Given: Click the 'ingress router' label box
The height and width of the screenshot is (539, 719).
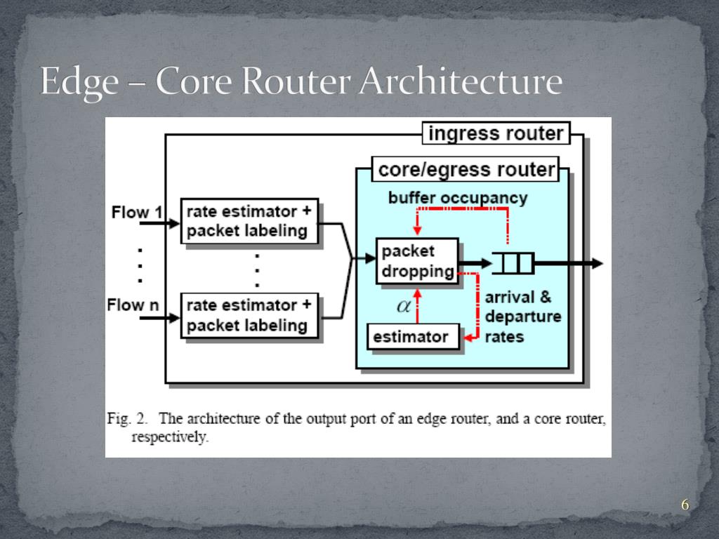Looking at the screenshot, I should click(496, 133).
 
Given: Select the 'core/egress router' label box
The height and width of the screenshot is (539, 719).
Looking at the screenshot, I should click(467, 169).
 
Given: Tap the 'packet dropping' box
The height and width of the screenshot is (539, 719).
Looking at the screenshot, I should click(418, 261).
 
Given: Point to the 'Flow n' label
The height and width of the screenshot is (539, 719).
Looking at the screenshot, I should click(132, 305).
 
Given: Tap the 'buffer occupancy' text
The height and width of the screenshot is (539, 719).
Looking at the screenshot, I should click(457, 198).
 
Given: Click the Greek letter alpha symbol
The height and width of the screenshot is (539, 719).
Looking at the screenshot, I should click(403, 305).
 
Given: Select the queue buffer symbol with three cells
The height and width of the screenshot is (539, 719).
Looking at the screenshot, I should click(513, 264).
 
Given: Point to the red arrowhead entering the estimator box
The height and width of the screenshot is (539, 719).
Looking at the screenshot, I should click(466, 338).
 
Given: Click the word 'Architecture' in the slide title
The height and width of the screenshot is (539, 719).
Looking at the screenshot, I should click(459, 82).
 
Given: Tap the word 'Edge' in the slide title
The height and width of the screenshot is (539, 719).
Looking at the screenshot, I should click(79, 82).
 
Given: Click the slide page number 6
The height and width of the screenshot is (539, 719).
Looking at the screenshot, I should click(685, 505).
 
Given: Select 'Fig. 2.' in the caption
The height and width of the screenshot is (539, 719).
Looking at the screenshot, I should click(128, 419).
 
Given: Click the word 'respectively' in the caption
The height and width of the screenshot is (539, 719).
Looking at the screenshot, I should click(169, 437).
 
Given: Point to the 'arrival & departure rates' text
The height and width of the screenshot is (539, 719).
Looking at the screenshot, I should click(522, 317).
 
